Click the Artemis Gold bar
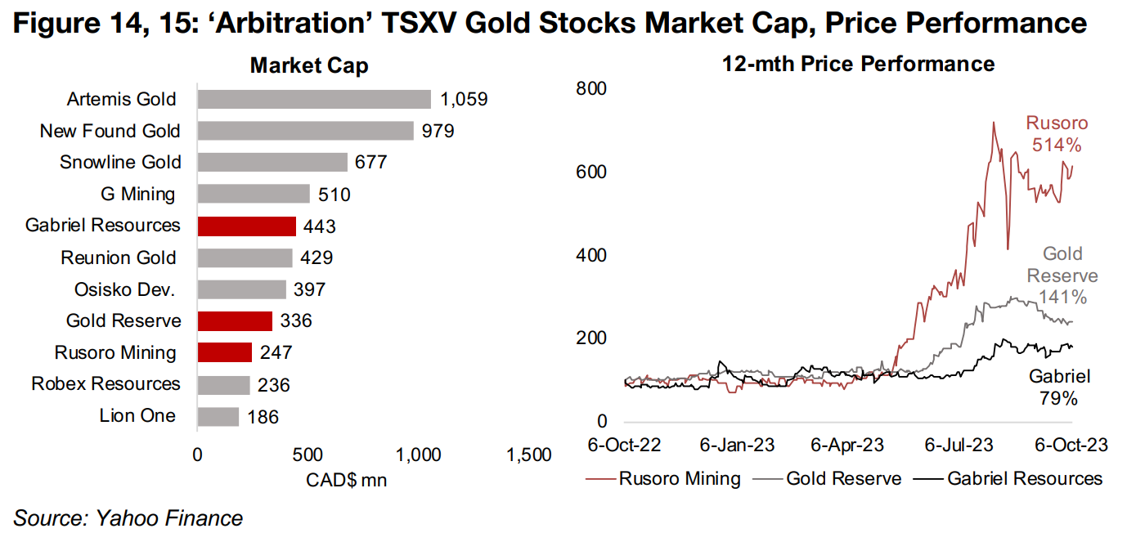314,99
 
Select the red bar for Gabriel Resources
246,226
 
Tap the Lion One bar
218,416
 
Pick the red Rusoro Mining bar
224,352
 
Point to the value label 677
370,163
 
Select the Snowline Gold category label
120,163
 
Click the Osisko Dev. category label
124,289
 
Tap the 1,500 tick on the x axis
528,455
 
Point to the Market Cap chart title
309,66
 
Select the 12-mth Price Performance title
858,64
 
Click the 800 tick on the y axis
592,88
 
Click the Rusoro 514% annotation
1057,135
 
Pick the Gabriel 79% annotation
1058,387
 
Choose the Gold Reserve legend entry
842,478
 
